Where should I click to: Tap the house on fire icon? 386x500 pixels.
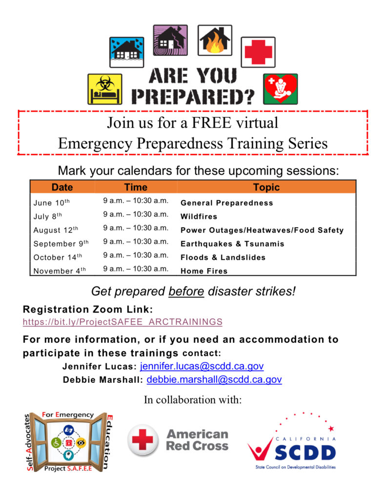(215, 41)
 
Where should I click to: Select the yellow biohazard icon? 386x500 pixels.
(104, 89)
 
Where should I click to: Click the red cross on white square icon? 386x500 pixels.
(258, 52)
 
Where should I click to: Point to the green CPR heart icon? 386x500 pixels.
(281, 89)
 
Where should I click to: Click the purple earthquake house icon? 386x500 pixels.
(170, 41)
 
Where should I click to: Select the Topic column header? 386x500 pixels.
(266, 187)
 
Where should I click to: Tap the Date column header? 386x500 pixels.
(62, 187)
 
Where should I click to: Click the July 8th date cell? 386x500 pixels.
(48, 217)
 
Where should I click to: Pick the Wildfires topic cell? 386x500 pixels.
(199, 216)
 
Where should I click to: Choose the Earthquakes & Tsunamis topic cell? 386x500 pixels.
(232, 244)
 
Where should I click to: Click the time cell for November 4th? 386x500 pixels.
(136, 269)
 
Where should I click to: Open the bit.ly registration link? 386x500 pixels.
(122, 322)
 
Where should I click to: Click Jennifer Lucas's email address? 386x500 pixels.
(202, 366)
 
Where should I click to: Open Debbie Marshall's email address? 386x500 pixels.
(214, 379)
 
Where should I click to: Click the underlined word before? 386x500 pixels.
(186, 292)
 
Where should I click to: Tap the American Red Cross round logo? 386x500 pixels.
(142, 440)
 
